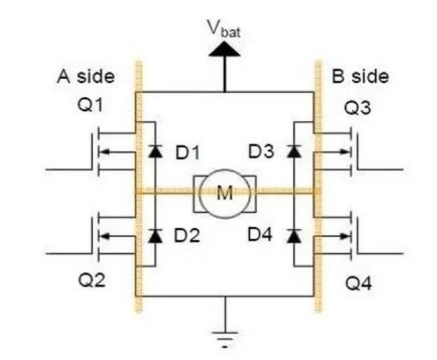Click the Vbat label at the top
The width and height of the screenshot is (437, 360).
[224, 28]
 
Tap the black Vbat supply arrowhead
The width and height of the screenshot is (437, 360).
[224, 49]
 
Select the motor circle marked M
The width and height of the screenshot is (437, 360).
[225, 193]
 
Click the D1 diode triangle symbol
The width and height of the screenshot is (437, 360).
[155, 151]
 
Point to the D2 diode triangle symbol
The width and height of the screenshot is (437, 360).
[155, 236]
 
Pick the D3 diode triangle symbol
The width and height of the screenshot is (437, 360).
[294, 151]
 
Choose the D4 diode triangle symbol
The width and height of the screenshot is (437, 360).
[294, 236]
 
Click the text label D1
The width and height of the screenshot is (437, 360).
[188, 152]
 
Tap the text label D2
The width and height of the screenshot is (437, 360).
[187, 235]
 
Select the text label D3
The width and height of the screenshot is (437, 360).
[261, 152]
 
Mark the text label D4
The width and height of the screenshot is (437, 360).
[260, 234]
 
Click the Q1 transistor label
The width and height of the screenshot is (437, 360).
[90, 105]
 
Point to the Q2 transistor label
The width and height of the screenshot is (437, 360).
[92, 280]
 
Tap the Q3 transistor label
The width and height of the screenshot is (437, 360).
[358, 108]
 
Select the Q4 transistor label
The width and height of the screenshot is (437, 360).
[358, 283]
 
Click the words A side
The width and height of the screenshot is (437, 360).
[86, 76]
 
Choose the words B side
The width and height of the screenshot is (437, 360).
[360, 76]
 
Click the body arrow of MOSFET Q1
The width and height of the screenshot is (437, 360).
[117, 152]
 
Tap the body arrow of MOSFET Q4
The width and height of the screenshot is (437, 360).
[332, 236]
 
